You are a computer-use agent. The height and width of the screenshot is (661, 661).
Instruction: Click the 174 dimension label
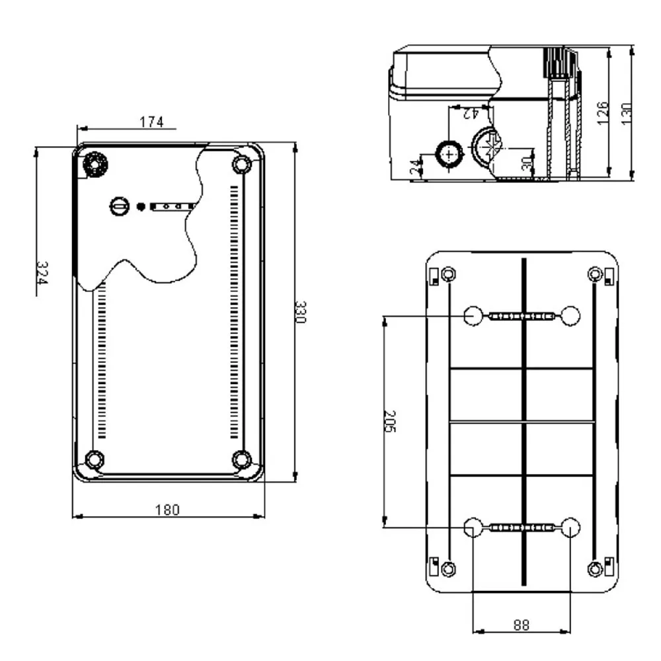pyautogui.click(x=151, y=122)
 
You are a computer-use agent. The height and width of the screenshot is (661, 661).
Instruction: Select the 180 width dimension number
pyautogui.click(x=167, y=510)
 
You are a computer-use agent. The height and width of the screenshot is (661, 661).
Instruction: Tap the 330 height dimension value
pyautogui.click(x=300, y=312)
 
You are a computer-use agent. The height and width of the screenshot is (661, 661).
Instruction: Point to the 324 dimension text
pyautogui.click(x=42, y=273)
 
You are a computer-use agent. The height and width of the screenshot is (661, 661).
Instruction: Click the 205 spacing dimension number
pyautogui.click(x=390, y=421)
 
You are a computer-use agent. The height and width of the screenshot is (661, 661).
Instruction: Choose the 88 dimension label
pyautogui.click(x=522, y=625)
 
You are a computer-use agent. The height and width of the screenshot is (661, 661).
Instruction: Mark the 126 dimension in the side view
pyautogui.click(x=603, y=113)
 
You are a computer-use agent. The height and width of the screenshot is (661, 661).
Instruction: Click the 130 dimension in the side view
pyautogui.click(x=627, y=114)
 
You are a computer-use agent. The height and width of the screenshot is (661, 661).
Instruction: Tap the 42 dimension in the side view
pyautogui.click(x=471, y=113)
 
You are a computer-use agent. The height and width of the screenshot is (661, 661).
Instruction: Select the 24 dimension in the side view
pyautogui.click(x=416, y=167)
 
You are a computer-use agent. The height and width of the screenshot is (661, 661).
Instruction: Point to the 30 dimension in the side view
pyautogui.click(x=527, y=163)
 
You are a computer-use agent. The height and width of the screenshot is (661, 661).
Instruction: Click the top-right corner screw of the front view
pyautogui.click(x=241, y=164)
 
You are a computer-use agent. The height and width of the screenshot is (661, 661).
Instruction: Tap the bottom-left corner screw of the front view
pyautogui.click(x=94, y=459)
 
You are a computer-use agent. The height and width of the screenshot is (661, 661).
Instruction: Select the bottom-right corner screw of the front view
pyautogui.click(x=241, y=459)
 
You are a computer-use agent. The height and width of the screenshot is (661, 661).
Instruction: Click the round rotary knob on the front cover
pyautogui.click(x=120, y=206)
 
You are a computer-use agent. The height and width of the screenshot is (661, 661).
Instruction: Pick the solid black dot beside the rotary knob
pyautogui.click(x=141, y=206)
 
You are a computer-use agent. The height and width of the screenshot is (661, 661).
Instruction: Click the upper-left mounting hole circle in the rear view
pyautogui.click(x=473, y=316)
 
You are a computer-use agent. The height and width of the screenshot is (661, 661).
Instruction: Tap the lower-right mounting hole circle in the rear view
pyautogui.click(x=571, y=527)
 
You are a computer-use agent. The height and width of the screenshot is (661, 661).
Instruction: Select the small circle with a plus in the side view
pyautogui.click(x=449, y=154)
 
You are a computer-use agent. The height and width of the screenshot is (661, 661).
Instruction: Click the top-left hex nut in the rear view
pyautogui.click(x=449, y=274)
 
